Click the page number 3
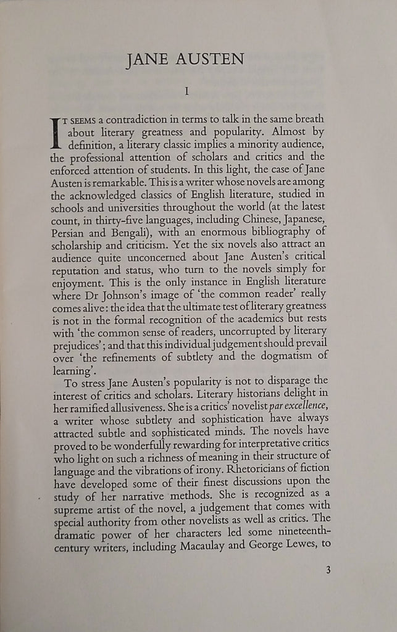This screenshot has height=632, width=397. pyautogui.click(x=328, y=570)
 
